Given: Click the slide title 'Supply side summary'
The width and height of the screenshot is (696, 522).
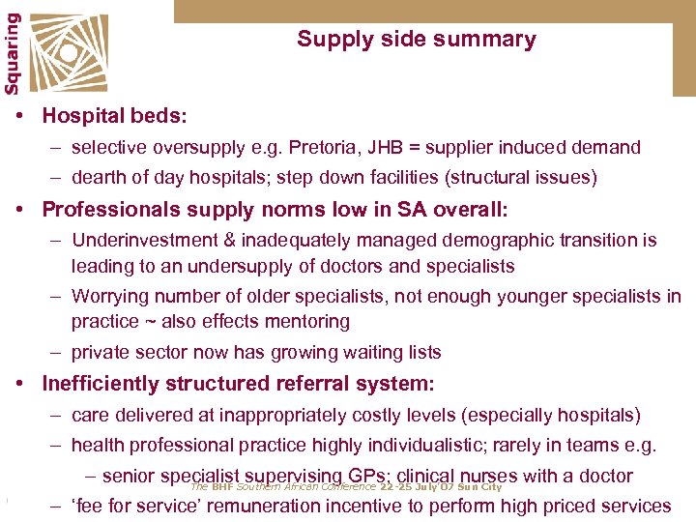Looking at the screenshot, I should pos(416,40).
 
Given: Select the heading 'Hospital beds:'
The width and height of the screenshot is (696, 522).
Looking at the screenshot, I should pos(115,116).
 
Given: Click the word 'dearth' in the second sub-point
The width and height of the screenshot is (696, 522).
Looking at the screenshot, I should pos(99,178).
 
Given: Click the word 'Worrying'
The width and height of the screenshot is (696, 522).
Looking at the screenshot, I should pos(110,297).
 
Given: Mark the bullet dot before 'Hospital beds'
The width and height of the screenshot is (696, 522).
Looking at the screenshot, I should pos(20,116).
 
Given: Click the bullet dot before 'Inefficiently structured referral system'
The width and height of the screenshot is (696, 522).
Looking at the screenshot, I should pos(20,384).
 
